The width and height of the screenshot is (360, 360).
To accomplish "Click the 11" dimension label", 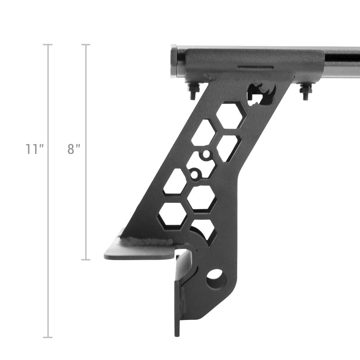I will pos(34,149).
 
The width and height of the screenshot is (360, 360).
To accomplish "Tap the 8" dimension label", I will pos(73,149).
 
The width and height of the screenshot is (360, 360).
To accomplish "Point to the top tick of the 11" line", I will pos(48,45).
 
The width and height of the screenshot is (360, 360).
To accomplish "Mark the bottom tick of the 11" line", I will pos(48,337).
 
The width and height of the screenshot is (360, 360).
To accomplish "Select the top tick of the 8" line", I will pos(86,45).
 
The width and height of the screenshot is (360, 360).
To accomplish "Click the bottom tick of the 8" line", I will pos(86,260).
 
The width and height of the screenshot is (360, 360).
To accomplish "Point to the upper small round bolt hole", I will pos(206,155).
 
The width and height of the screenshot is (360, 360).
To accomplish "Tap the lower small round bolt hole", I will pos(194,173).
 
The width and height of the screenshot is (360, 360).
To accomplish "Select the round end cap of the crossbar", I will pos(174,62).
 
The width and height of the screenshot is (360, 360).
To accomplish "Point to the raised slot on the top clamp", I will pos(255,68).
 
